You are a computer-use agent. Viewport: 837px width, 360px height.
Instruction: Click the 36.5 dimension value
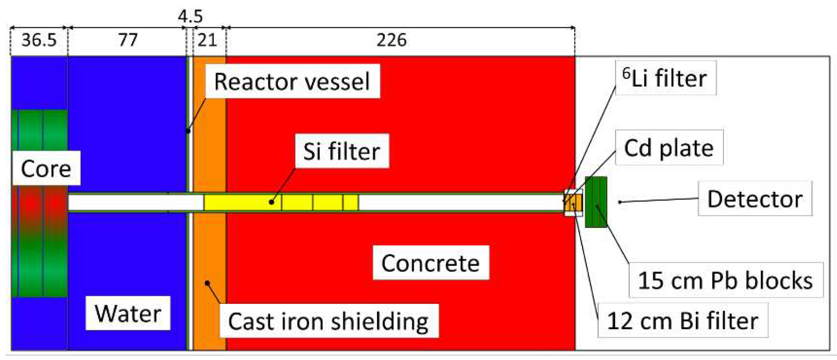click(x=39, y=40)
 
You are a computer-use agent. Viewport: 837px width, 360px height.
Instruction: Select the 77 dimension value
click(x=128, y=40)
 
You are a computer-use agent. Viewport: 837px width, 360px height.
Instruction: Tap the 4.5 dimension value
click(x=190, y=16)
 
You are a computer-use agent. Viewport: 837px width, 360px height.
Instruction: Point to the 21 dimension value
click(x=207, y=40)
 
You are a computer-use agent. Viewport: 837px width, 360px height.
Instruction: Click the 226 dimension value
click(x=391, y=40)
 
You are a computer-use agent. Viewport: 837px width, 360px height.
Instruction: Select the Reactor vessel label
click(x=292, y=82)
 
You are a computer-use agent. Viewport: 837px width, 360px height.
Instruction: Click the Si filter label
click(x=342, y=151)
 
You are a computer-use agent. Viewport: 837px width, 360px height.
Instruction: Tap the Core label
click(x=46, y=169)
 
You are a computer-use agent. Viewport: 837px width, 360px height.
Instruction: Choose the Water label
click(x=128, y=313)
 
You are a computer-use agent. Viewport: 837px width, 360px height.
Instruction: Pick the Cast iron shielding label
click(x=328, y=321)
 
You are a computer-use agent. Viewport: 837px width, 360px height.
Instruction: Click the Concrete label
click(x=430, y=263)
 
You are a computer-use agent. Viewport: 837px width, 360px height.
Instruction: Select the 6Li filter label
click(x=665, y=78)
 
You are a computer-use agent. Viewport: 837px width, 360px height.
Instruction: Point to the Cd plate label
click(x=669, y=148)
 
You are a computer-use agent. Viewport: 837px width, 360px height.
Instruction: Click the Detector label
click(x=755, y=199)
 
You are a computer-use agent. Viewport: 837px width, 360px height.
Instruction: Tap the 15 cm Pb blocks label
click(x=725, y=280)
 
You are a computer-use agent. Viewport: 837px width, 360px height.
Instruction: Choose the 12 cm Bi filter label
click(x=682, y=321)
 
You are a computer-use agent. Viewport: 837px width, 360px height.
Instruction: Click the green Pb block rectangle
click(x=596, y=202)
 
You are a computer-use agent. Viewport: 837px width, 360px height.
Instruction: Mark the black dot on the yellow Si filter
click(x=271, y=202)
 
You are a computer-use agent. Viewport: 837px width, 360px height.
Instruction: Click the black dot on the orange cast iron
click(x=207, y=283)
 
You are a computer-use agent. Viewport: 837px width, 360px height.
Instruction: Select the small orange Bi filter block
click(x=573, y=203)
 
